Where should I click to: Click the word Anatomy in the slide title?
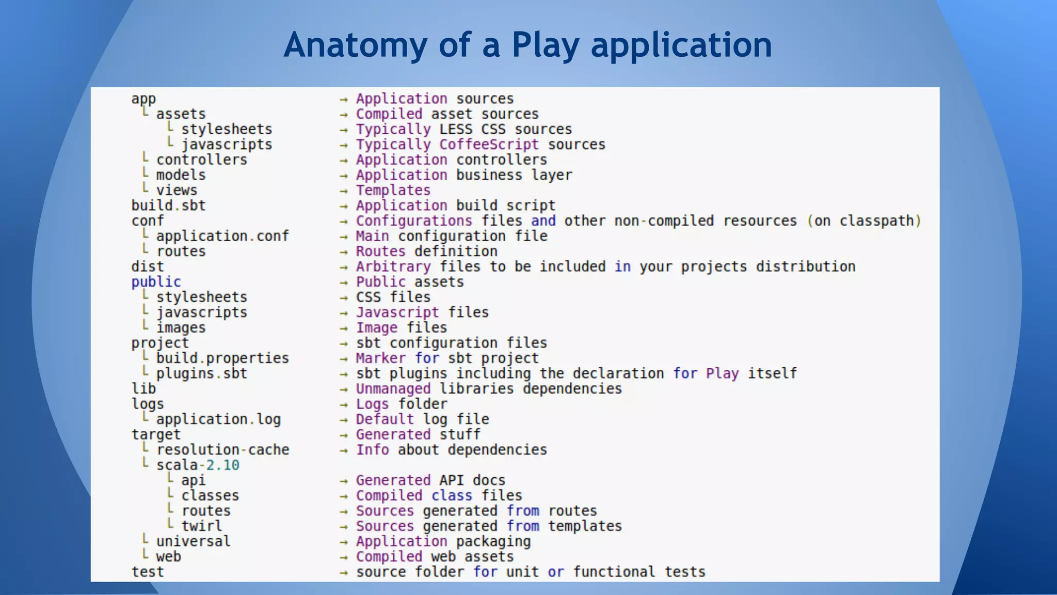tap(355, 45)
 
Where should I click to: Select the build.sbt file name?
tap(168, 206)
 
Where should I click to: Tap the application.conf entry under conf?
tap(222, 236)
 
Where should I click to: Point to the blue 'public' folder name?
tap(156, 282)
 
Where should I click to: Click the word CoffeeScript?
tap(489, 145)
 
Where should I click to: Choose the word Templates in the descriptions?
tap(393, 191)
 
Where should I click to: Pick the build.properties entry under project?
tap(222, 358)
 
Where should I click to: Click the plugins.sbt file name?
tap(202, 373)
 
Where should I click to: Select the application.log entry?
tap(218, 419)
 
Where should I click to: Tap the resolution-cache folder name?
tap(222, 450)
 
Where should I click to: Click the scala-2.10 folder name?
tap(198, 465)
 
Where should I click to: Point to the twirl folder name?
tap(201, 526)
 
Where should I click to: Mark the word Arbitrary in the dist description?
tap(393, 267)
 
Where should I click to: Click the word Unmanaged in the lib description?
tap(393, 389)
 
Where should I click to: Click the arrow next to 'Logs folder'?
tap(344, 405)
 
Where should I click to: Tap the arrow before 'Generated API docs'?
tap(344, 481)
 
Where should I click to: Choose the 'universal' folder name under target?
tap(193, 541)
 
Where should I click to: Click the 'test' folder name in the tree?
tap(148, 572)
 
